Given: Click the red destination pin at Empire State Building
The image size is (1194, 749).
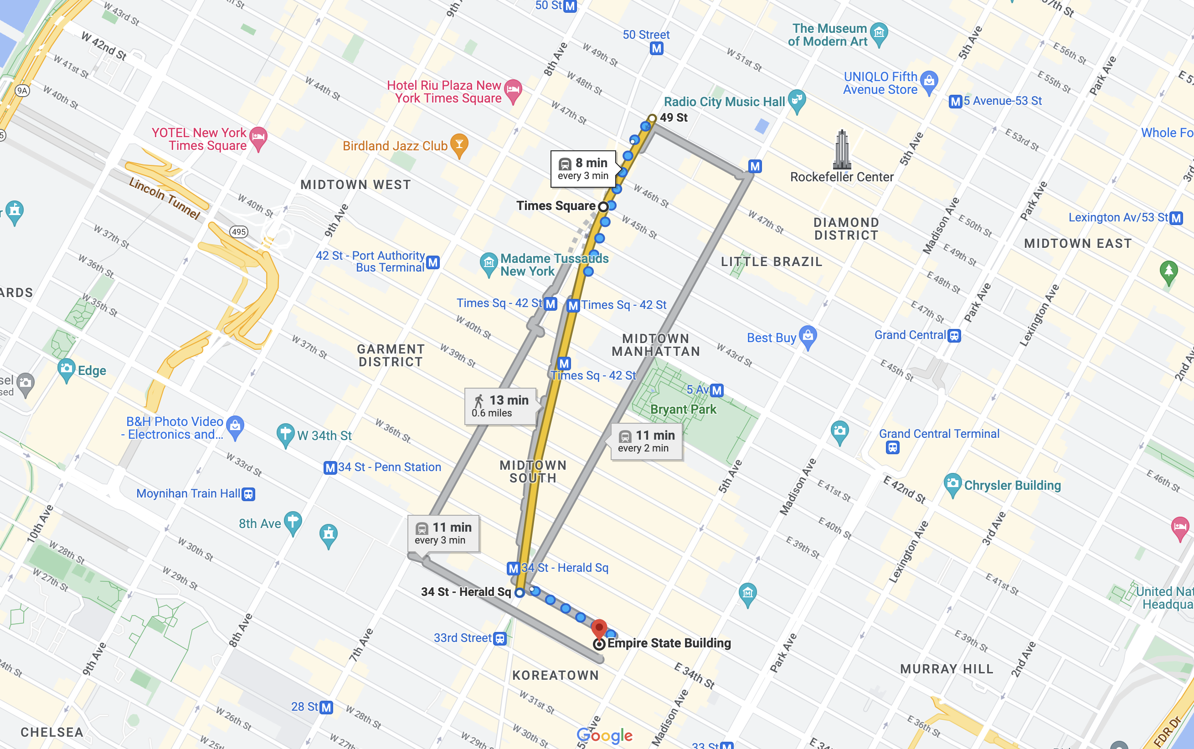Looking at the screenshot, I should click(x=599, y=629).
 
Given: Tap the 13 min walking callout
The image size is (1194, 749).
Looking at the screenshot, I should click(x=500, y=406).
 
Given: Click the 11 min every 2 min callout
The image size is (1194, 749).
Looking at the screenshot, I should click(x=647, y=441).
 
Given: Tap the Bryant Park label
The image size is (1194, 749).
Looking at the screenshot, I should click(x=683, y=410).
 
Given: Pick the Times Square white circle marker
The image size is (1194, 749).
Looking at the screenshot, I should click(x=603, y=206).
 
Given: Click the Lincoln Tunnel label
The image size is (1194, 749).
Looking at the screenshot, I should click(x=165, y=199).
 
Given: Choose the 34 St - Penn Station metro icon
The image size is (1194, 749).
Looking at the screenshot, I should click(x=330, y=467).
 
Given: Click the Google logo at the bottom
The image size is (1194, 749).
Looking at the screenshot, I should click(x=604, y=736).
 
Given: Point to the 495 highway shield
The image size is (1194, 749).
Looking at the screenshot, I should click(x=239, y=232).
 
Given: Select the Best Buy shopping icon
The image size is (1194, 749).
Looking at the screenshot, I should click(x=808, y=336).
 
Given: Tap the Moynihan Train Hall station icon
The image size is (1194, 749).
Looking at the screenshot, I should click(x=249, y=494).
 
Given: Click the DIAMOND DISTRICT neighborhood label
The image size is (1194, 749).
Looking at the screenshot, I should click(x=846, y=229).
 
